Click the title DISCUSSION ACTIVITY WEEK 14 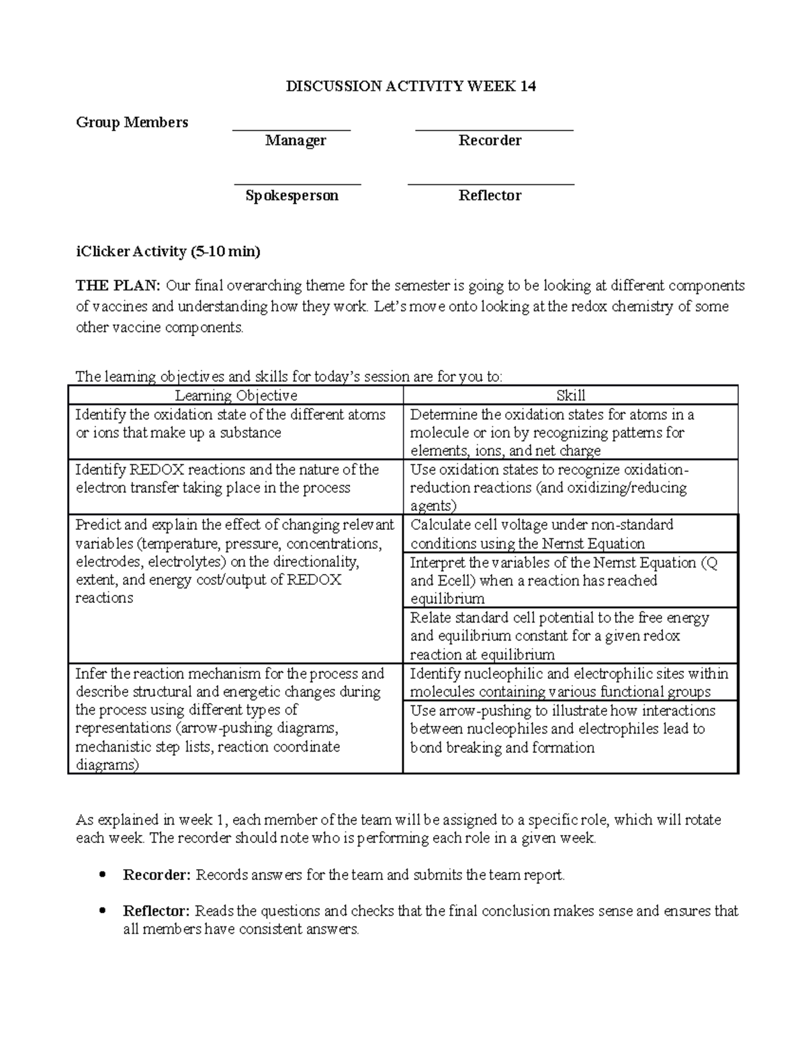coord(411,87)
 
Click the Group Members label coord(132,122)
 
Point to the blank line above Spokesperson coord(298,184)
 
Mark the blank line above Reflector coord(491,184)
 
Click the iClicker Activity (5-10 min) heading coord(168,251)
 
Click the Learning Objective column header coord(236,396)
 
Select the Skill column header coord(571,396)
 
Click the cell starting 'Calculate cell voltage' coord(570,534)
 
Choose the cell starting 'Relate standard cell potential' coord(570,636)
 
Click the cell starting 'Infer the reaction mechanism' coord(236,719)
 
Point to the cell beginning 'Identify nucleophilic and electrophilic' coord(570,682)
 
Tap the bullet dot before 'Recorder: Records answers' coord(103,875)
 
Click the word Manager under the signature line coord(296,140)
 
